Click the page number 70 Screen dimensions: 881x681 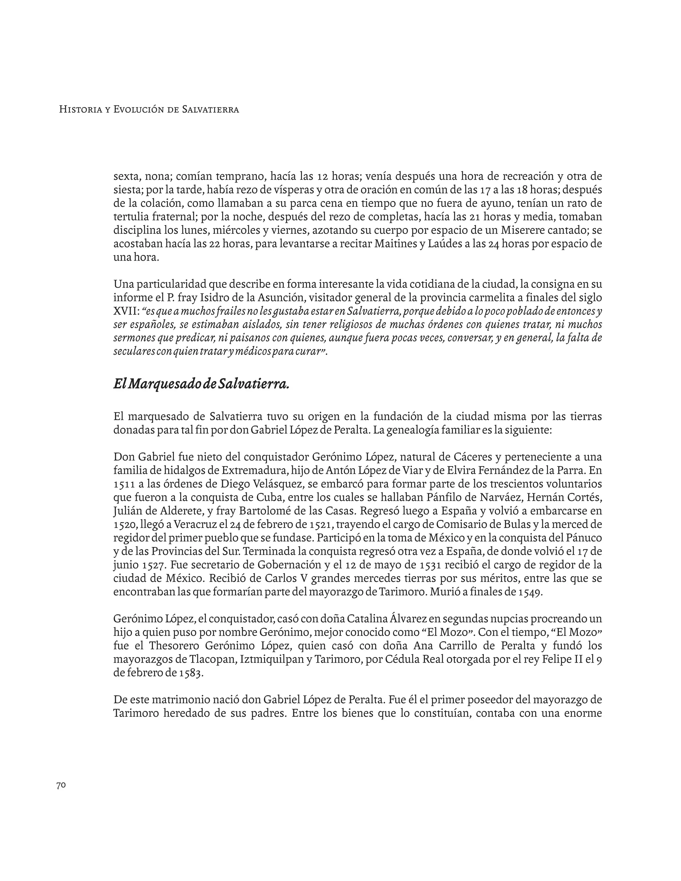(x=61, y=785)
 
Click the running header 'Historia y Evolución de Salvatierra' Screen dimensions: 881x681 (x=149, y=109)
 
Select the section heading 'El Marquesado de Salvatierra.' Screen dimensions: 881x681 (x=201, y=384)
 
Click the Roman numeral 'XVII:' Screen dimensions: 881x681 (x=126, y=311)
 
